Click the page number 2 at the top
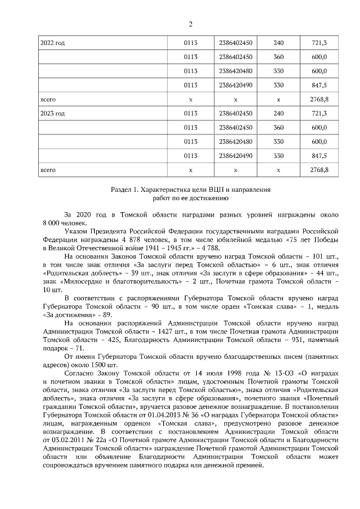pyautogui.click(x=190, y=24)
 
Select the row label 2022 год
pyautogui.click(x=52, y=43)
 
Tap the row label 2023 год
pyautogui.click(x=52, y=113)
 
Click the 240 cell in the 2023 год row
pyautogui.click(x=278, y=113)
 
